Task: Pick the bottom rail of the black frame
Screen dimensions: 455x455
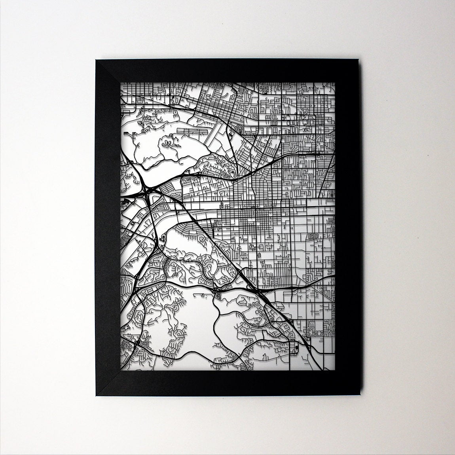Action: click(x=227, y=383)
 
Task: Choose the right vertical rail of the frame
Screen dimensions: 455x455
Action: click(x=347, y=227)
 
